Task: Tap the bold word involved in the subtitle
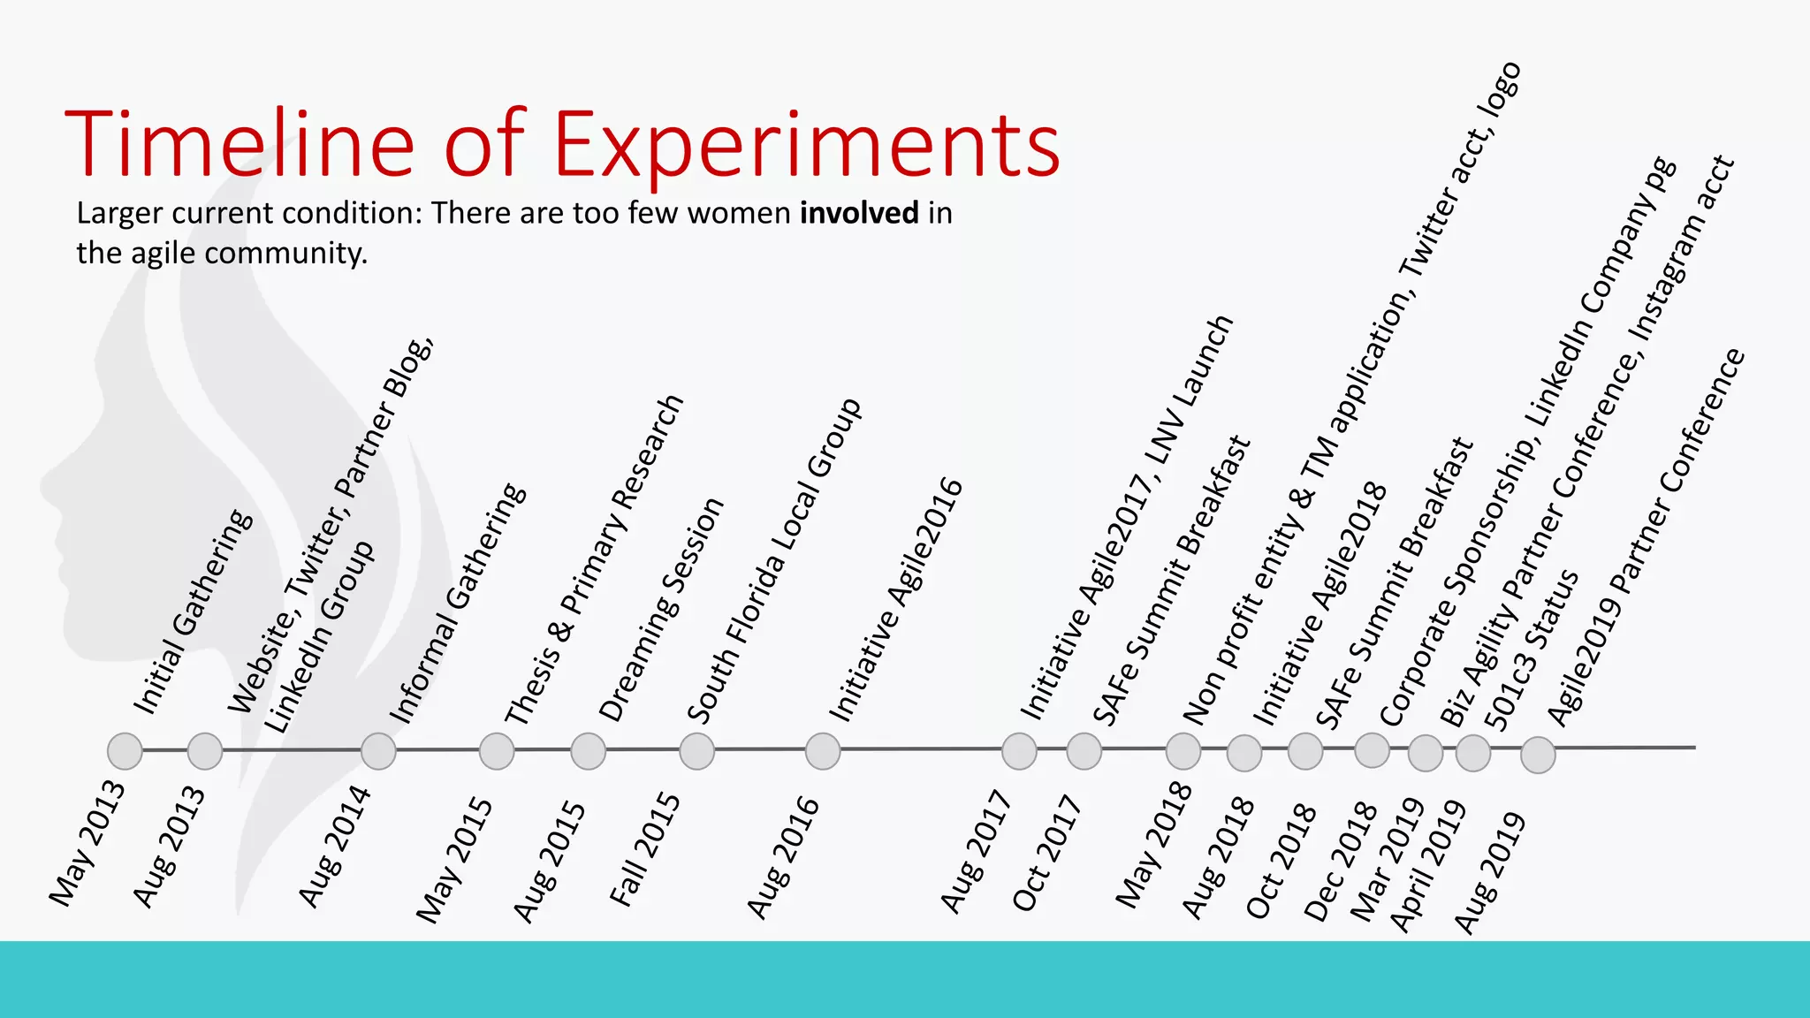859,213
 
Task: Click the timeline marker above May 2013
125,751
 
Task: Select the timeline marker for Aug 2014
378,751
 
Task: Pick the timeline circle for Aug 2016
823,751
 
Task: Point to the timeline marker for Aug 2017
1019,751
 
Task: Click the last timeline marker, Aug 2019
1538,755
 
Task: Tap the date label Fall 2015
645,849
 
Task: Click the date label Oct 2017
1047,853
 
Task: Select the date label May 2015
455,859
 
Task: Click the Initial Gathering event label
193,612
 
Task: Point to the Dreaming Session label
661,610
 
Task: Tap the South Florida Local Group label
774,561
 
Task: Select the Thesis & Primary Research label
594,560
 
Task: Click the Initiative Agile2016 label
895,599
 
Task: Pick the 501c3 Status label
1531,650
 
